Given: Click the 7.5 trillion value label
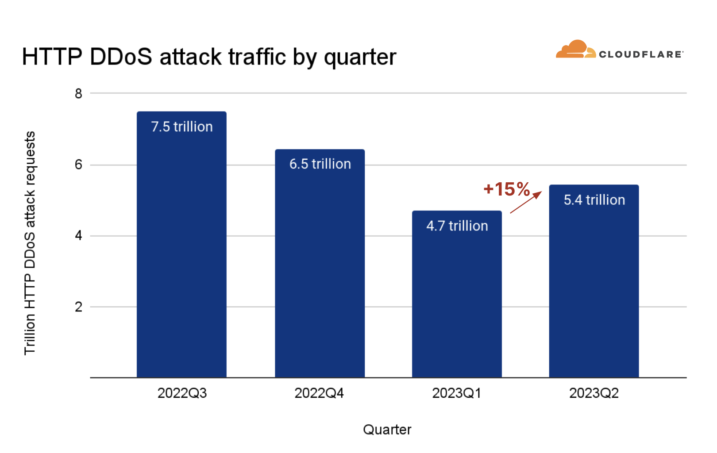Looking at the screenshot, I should (x=182, y=127).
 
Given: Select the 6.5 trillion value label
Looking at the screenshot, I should (x=320, y=164).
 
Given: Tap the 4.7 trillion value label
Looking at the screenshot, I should (x=457, y=226).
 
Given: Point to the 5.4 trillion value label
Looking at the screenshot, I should (x=594, y=200).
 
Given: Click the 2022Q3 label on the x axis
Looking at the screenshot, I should (x=182, y=393).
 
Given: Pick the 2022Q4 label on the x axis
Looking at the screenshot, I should (x=319, y=393).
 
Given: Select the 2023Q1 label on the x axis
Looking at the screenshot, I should (x=456, y=393).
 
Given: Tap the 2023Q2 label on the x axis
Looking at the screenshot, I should (x=594, y=393).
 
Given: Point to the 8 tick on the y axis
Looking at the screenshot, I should (x=79, y=94).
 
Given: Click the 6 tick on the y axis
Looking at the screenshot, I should (x=79, y=165).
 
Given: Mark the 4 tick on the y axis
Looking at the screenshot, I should (x=79, y=235).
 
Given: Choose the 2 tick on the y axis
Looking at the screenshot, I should (x=79, y=307).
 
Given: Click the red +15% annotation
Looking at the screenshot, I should (x=507, y=189).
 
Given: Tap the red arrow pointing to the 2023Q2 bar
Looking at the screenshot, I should (x=526, y=203).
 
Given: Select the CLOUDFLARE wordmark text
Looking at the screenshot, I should (x=640, y=54).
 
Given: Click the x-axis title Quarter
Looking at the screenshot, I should (x=387, y=430).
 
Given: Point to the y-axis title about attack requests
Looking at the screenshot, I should (x=30, y=243).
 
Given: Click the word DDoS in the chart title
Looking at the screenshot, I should (x=121, y=57).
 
